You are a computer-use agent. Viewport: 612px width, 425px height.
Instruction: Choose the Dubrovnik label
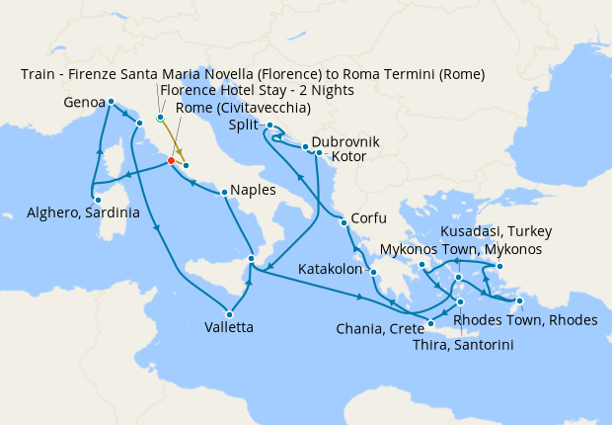click(344, 141)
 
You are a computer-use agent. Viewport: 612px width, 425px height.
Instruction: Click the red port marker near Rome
click(171, 160)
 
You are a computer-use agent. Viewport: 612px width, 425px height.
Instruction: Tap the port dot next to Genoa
click(111, 102)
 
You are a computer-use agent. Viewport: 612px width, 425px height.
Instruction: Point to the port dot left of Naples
click(225, 192)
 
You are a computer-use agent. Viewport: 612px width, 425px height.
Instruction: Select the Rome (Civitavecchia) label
click(243, 108)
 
